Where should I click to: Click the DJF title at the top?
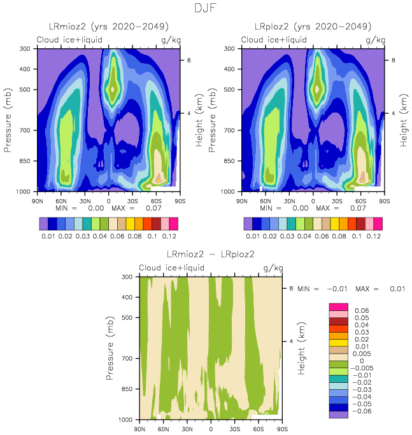point(206,8)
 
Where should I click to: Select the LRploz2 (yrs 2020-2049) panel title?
point(313,27)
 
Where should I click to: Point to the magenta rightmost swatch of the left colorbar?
point(174,223)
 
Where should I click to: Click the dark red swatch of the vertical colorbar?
point(337,321)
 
